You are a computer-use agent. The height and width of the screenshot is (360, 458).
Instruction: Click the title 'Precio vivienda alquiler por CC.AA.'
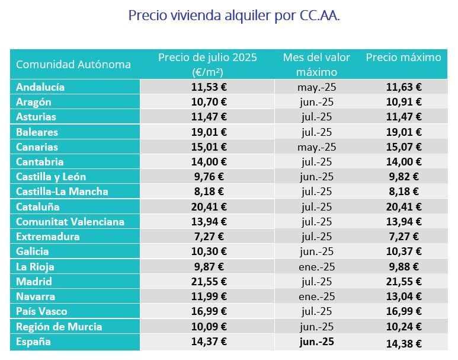point(233,15)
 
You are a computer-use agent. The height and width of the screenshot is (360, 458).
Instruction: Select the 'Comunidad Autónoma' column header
point(73,65)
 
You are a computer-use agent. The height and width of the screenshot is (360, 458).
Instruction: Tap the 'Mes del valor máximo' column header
point(316,65)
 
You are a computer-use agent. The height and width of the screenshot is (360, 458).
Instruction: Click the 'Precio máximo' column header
point(403,58)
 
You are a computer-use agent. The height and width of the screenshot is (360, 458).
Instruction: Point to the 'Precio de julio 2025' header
point(207,65)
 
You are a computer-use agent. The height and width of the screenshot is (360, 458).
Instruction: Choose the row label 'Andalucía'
point(40,87)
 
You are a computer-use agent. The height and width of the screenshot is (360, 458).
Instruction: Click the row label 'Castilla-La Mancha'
point(62,192)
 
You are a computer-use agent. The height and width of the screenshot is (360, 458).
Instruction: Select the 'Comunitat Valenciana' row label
point(70,222)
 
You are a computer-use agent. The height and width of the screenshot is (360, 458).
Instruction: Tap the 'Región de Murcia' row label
point(59,327)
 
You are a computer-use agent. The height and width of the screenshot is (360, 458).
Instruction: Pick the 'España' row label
point(33,342)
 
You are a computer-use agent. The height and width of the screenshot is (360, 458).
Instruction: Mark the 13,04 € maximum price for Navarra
point(403,297)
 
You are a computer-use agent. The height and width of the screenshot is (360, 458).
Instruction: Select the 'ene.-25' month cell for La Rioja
point(316,267)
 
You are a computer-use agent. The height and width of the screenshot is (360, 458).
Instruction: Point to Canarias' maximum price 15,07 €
point(403,147)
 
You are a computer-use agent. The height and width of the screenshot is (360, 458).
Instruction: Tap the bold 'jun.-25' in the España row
point(316,342)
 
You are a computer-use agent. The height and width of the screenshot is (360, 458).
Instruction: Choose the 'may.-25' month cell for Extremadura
point(316,237)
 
